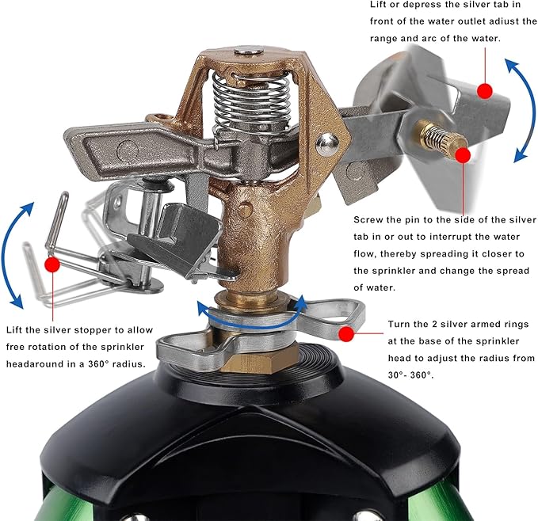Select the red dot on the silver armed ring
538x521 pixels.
pos(345,334)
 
